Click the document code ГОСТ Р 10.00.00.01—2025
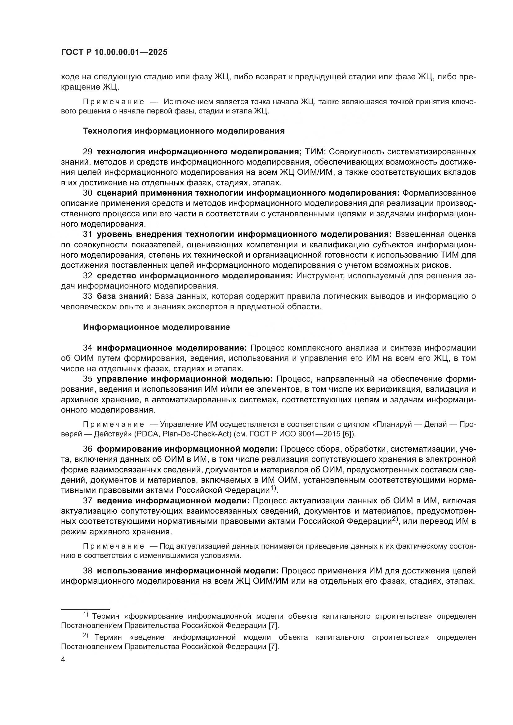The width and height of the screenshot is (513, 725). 114,52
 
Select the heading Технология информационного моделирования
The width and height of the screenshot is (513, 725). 184,131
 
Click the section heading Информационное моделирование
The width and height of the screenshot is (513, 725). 156,327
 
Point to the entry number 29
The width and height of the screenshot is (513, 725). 87,152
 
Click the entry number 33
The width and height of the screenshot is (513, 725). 87,296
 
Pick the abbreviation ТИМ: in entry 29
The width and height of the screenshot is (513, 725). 314,152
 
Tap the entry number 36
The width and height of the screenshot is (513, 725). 87,449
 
